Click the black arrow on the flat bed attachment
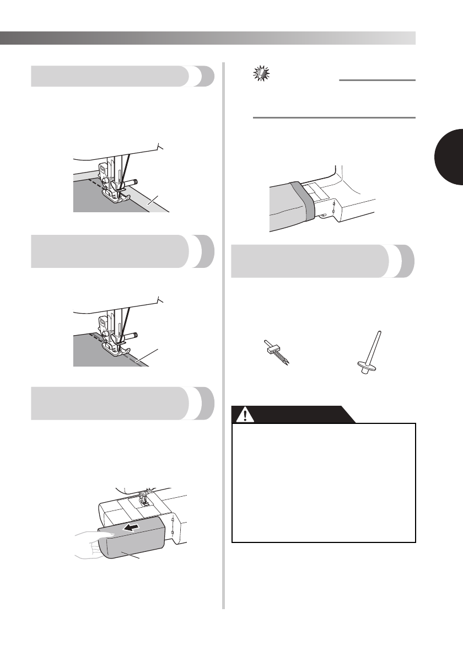click(x=131, y=528)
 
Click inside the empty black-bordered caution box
click(x=323, y=482)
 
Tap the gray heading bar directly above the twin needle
click(x=323, y=262)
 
